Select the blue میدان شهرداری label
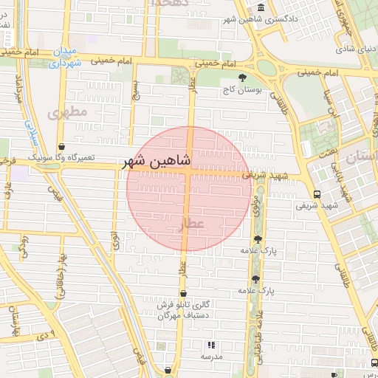[65, 58]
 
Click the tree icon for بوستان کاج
[241, 77]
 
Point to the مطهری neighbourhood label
[67, 111]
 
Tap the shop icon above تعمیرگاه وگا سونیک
[61, 146]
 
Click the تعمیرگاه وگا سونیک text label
[62, 158]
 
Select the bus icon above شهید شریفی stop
[317, 193]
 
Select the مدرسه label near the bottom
[211, 356]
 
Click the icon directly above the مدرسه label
[211, 344]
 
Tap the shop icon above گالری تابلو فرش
[183, 293]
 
